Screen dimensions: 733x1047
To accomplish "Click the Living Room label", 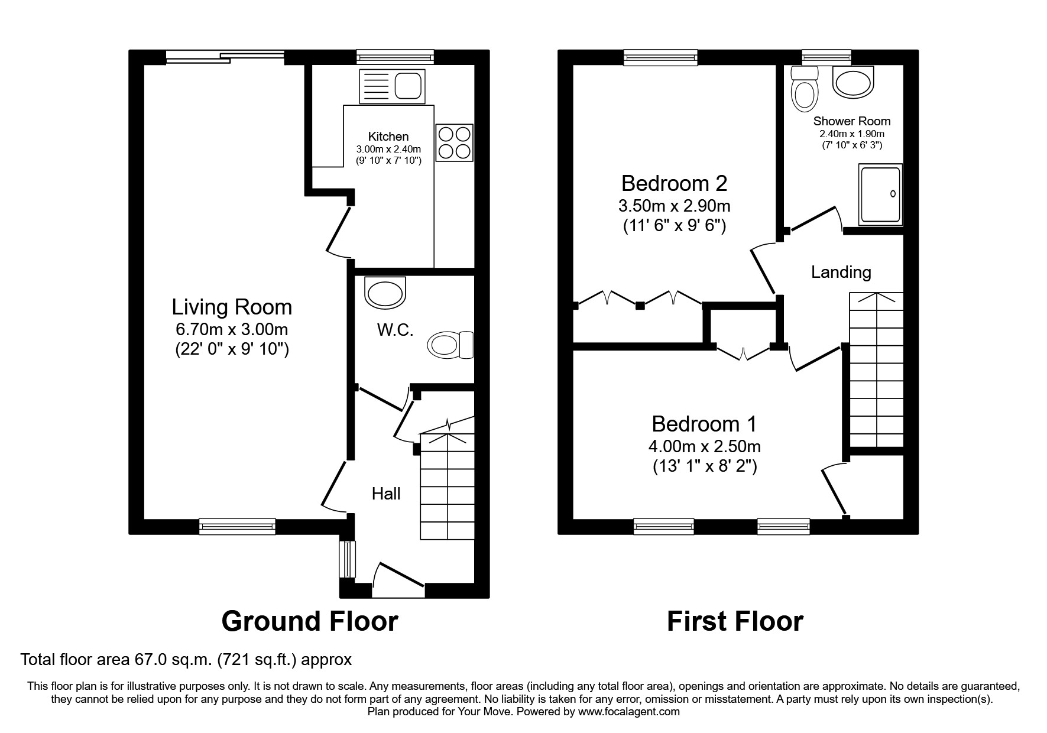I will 232,307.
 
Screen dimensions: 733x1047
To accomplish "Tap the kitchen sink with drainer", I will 392,86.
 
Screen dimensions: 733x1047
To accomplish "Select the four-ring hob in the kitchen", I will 454,142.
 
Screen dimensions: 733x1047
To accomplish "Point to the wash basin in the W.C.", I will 385,293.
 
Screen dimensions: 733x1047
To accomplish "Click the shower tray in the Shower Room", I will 880,194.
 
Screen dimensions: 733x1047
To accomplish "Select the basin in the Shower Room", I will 853,82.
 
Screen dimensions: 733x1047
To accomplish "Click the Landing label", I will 841,273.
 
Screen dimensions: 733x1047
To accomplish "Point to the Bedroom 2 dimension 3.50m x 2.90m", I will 674,206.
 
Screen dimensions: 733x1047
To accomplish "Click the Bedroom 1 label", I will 704,424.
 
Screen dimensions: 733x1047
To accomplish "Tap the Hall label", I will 386,494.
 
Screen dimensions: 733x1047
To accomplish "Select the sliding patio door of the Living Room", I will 225,57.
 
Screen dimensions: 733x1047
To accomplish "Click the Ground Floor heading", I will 309,622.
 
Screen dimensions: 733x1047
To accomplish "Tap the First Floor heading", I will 735,622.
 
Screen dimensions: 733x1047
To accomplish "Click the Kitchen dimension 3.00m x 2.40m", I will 388,149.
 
